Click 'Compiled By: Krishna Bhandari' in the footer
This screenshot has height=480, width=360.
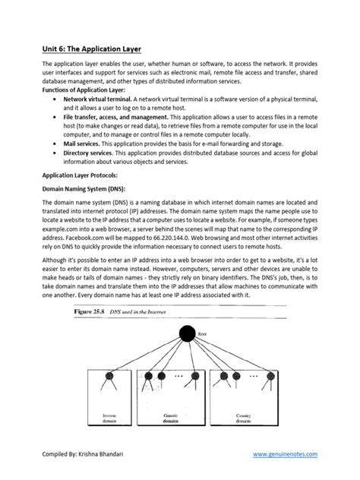tap(90, 454)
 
